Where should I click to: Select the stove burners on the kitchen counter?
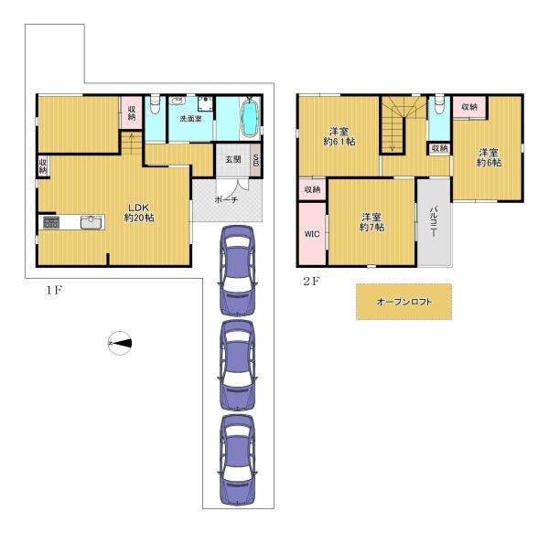click(51, 222)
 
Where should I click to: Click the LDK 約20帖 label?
click(139, 212)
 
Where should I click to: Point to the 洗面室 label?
click(190, 119)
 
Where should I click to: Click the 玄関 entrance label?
click(232, 159)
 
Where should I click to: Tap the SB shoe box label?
click(255, 160)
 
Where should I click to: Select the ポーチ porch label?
click(226, 199)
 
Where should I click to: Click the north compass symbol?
click(120, 344)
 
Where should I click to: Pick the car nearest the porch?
click(237, 271)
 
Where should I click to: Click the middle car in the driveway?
click(237, 365)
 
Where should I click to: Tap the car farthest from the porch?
click(237, 460)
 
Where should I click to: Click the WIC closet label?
click(312, 234)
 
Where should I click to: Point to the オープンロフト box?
click(404, 302)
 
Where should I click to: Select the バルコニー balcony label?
click(433, 222)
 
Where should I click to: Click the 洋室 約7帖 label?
click(371, 222)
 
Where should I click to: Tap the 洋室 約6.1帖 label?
click(339, 136)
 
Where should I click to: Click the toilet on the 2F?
click(439, 104)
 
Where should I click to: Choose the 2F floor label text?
click(311, 281)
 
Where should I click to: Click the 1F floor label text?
click(54, 290)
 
